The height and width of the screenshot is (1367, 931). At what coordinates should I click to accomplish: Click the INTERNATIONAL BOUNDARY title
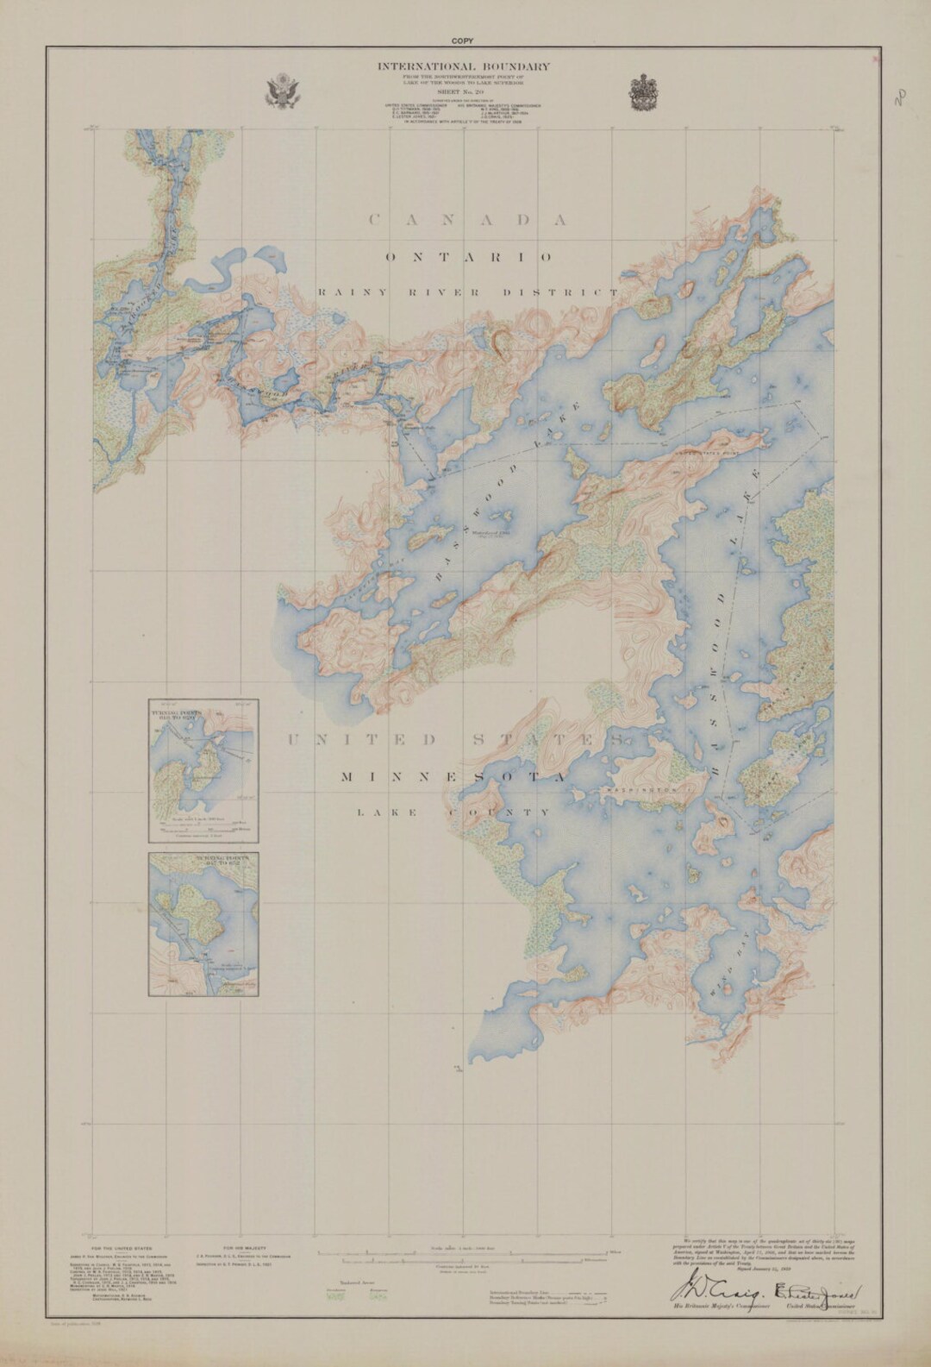pos(463,66)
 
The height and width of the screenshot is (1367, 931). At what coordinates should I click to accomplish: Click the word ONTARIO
pos(469,257)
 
